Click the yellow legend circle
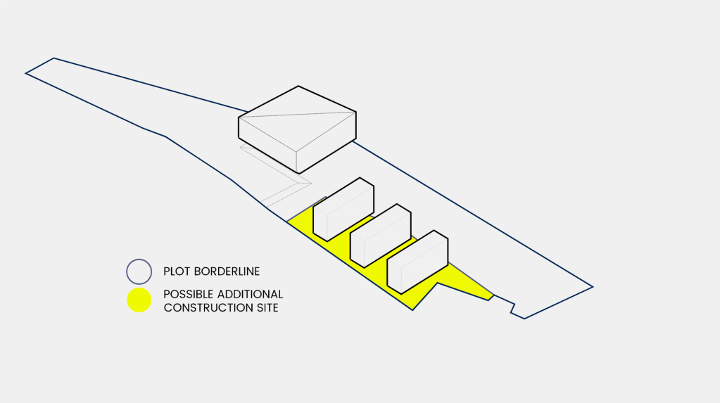(139, 300)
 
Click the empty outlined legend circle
(139, 271)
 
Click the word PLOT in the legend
(177, 271)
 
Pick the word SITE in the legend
(266, 307)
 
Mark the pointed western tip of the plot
(27, 73)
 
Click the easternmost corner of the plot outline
(592, 286)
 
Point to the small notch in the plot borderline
(512, 307)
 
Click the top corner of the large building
(298, 87)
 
